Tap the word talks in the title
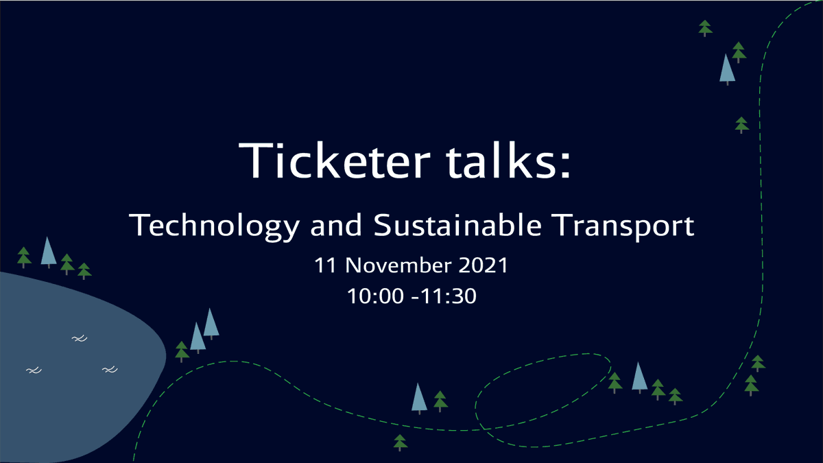click(x=507, y=161)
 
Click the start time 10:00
click(x=374, y=296)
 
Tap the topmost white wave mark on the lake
click(x=80, y=338)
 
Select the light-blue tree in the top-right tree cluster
click(x=726, y=69)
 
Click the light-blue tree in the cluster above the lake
click(x=47, y=252)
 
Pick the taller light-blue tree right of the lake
click(x=211, y=323)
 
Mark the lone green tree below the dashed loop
click(x=401, y=442)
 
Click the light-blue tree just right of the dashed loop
click(x=639, y=377)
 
